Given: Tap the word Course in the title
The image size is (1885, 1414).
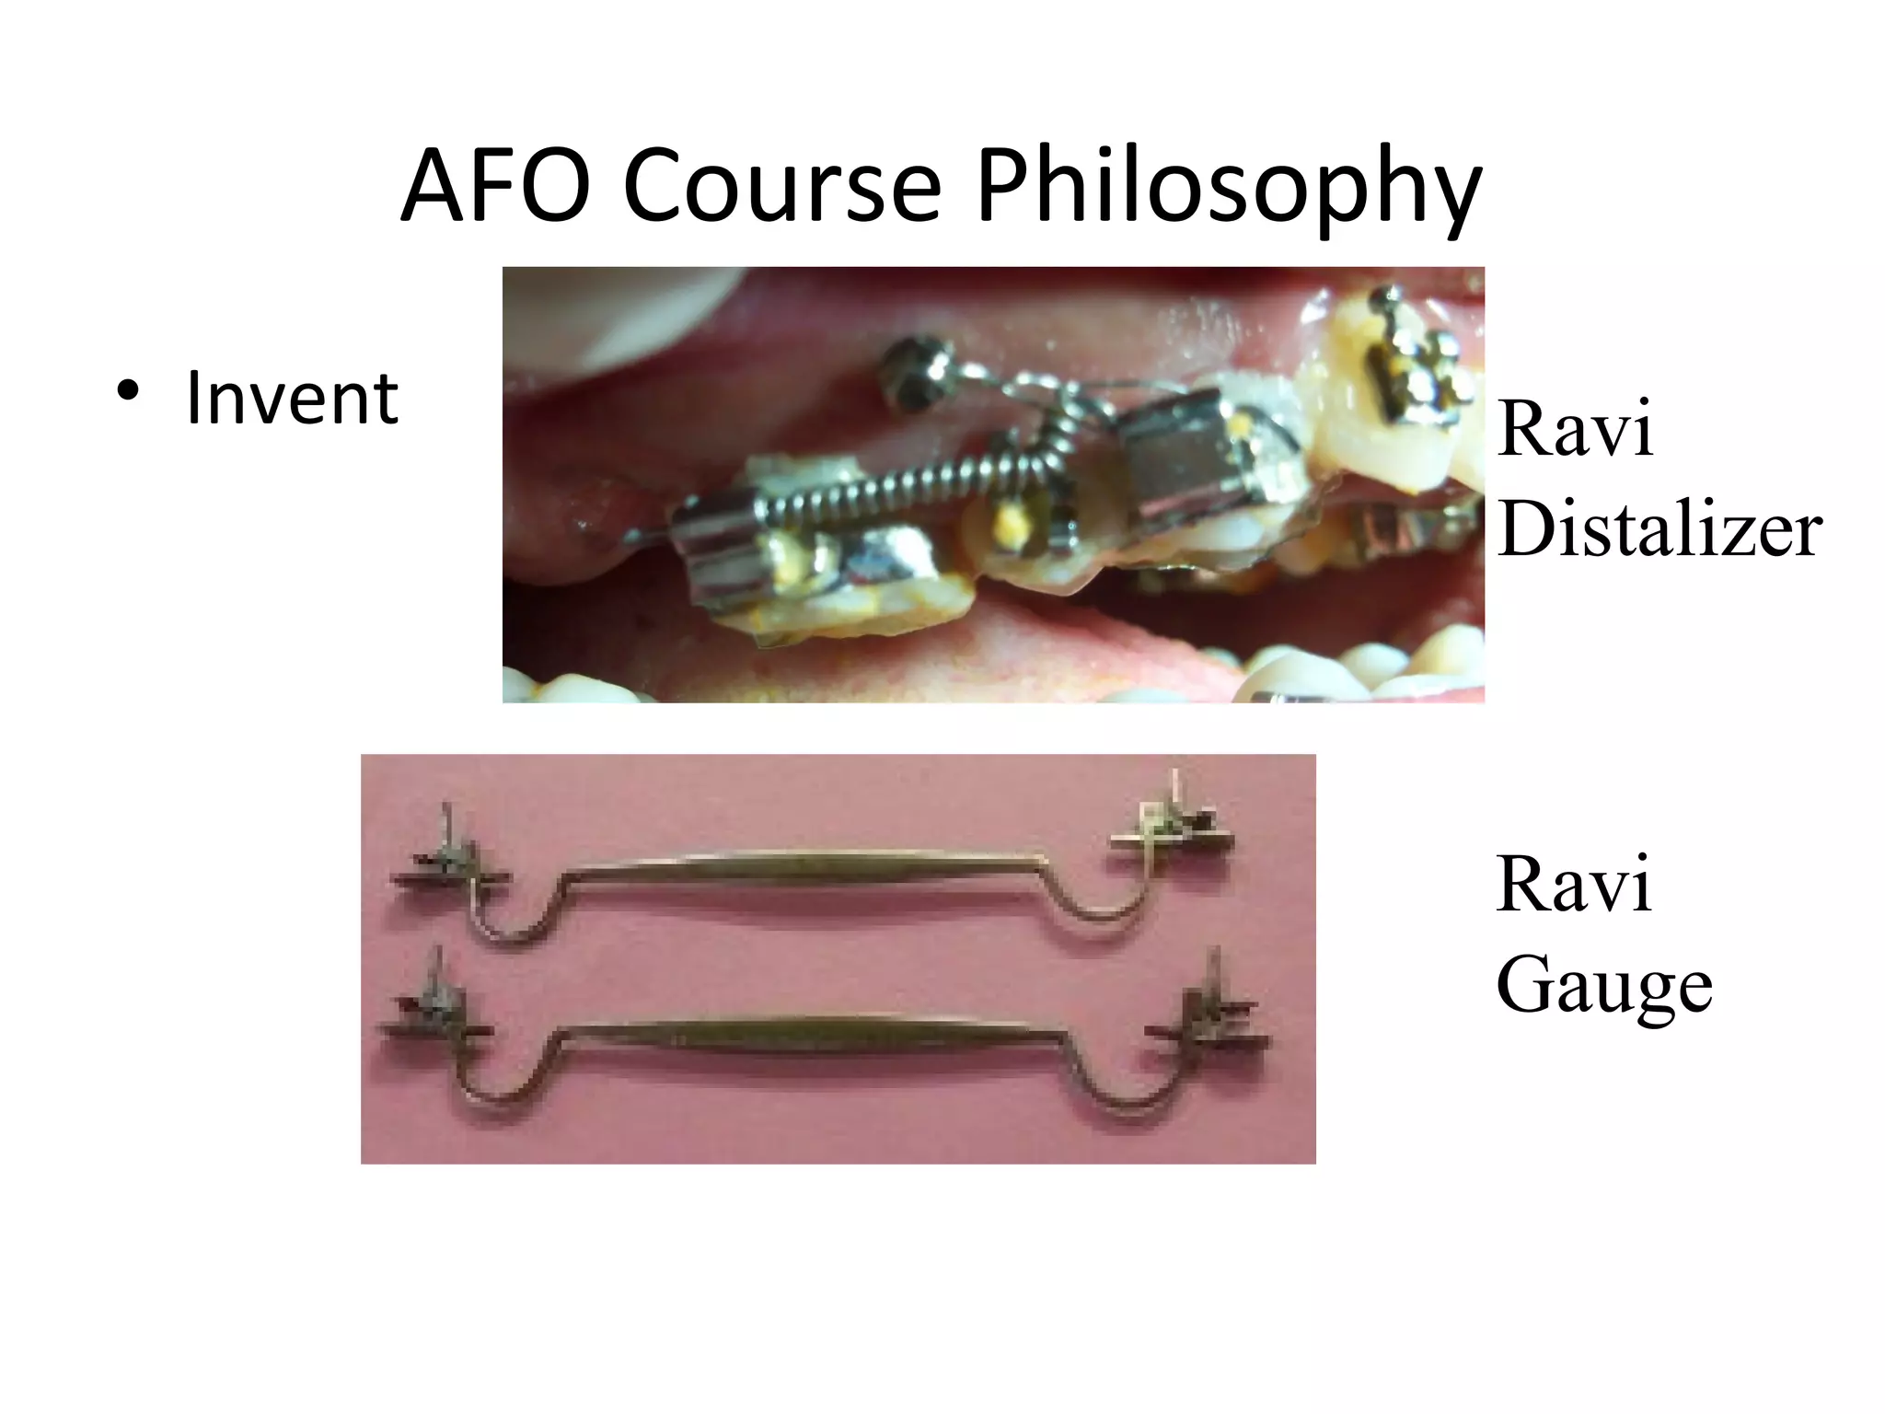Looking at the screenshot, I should click(782, 187).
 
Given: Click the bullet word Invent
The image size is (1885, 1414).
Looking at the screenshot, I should click(292, 399).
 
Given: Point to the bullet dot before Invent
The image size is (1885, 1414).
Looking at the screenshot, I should click(128, 390).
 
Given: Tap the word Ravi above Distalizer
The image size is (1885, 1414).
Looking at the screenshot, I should click(1575, 429).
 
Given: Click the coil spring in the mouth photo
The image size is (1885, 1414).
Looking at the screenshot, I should click(920, 486).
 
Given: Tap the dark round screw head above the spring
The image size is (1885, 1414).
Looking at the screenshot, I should click(911, 373).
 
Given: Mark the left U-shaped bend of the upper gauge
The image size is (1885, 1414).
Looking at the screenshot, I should click(512, 925).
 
